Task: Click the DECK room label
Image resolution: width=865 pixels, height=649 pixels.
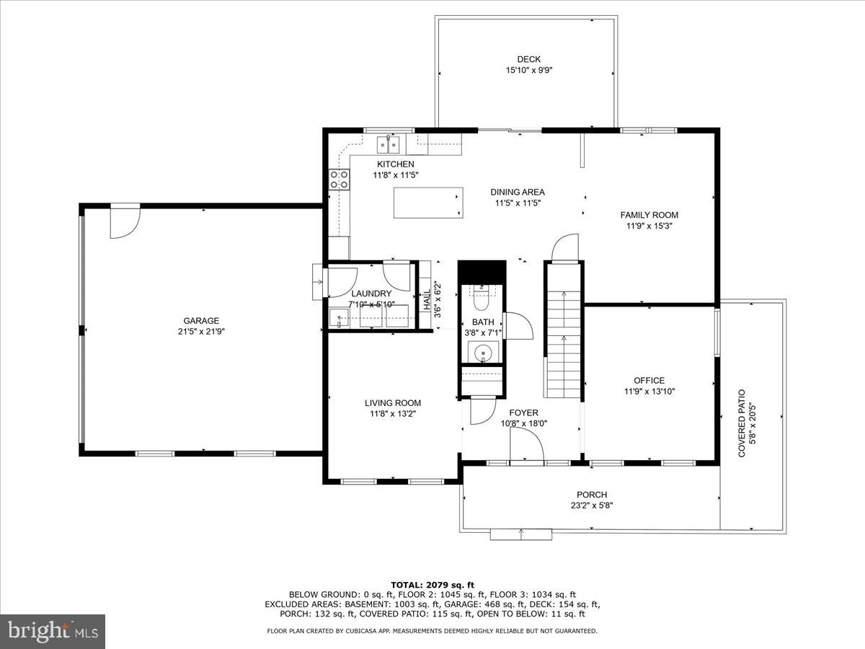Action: (528, 59)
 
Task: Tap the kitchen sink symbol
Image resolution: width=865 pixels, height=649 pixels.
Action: (389, 145)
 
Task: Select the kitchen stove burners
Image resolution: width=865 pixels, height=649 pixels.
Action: (339, 180)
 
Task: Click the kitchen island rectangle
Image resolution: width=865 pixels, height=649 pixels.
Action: (428, 203)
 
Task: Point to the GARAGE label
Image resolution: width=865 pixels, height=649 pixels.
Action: (201, 321)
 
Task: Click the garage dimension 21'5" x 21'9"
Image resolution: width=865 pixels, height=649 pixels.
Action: (201, 332)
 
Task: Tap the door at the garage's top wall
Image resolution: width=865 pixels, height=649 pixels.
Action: (124, 221)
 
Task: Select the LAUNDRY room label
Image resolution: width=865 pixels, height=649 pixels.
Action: (371, 293)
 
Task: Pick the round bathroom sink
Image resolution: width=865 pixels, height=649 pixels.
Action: (483, 353)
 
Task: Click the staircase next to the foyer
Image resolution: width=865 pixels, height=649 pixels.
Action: (563, 332)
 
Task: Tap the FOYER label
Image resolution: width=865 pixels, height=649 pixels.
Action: (523, 412)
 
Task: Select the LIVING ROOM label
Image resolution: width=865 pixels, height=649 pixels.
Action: (392, 403)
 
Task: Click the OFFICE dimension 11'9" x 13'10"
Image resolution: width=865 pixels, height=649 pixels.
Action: (649, 392)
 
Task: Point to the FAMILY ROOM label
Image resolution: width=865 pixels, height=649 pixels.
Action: (649, 215)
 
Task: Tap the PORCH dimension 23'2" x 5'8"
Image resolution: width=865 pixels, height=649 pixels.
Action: (591, 505)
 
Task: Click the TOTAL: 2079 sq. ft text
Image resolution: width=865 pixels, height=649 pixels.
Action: (432, 585)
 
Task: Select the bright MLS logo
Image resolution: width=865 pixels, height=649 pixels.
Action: (53, 632)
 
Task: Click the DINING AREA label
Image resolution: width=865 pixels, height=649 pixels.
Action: (518, 192)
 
